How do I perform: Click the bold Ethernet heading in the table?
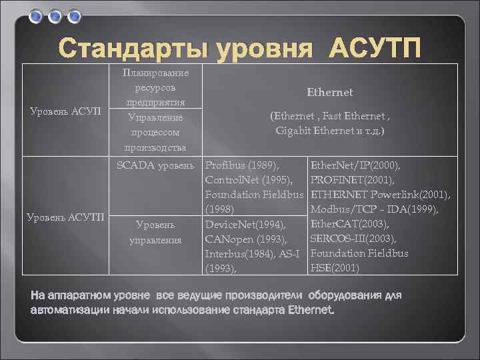(329, 92)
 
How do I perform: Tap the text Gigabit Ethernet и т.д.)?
(329, 131)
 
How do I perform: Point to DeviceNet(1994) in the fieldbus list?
(245, 224)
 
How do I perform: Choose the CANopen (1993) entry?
(246, 239)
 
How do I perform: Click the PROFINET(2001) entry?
(353, 179)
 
